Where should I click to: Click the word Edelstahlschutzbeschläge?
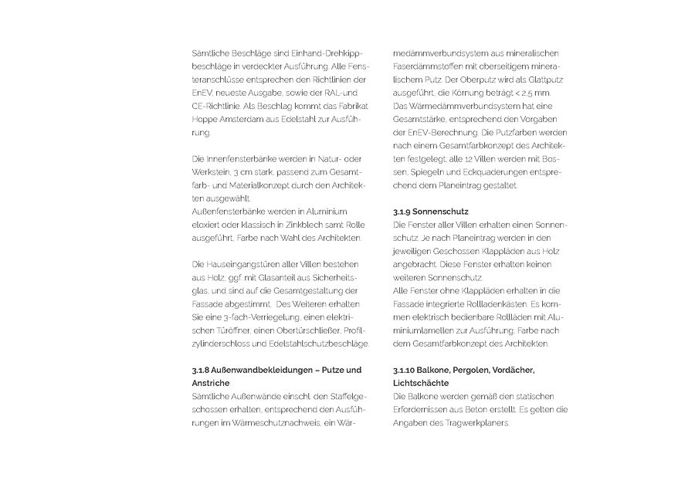click(x=324, y=343)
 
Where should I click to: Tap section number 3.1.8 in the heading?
click(x=203, y=370)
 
